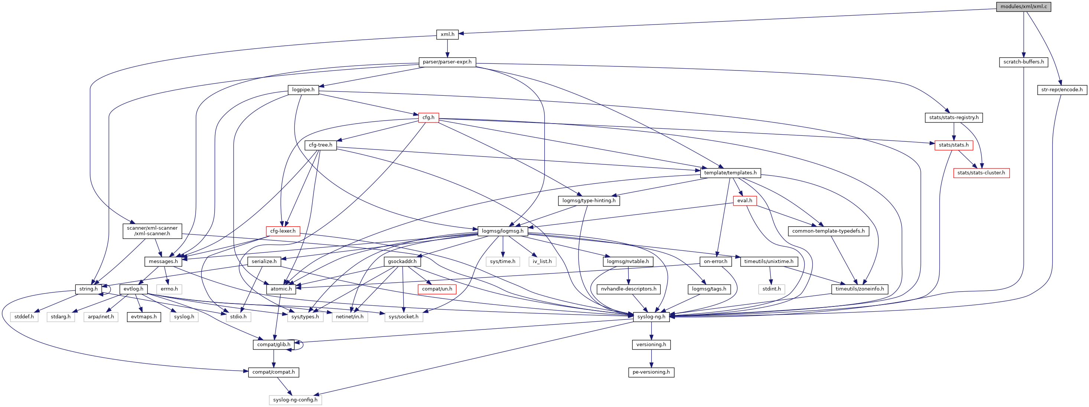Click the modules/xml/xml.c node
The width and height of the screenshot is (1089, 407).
click(x=1023, y=6)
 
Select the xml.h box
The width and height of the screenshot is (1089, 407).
click(x=447, y=34)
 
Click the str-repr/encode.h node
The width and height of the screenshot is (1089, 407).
click(x=1062, y=89)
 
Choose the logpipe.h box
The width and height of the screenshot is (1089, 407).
click(x=303, y=89)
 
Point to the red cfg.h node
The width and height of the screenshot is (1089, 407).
click(x=428, y=118)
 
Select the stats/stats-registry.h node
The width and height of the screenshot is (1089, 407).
click(x=954, y=118)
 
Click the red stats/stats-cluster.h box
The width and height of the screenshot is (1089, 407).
click(x=981, y=173)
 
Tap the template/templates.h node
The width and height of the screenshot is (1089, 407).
click(x=730, y=173)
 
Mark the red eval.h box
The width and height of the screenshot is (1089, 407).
click(x=744, y=201)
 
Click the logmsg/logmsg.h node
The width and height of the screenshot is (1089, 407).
click(x=503, y=231)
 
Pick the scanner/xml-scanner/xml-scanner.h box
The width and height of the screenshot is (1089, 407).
click(x=152, y=231)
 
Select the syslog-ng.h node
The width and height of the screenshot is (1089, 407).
click(x=651, y=316)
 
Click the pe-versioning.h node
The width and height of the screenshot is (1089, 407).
click(x=651, y=372)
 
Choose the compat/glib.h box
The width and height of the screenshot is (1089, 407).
click(x=274, y=344)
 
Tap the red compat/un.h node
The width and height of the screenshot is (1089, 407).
click(x=437, y=289)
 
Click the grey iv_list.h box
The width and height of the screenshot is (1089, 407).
click(x=542, y=262)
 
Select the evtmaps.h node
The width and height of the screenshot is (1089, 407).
click(x=144, y=316)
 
